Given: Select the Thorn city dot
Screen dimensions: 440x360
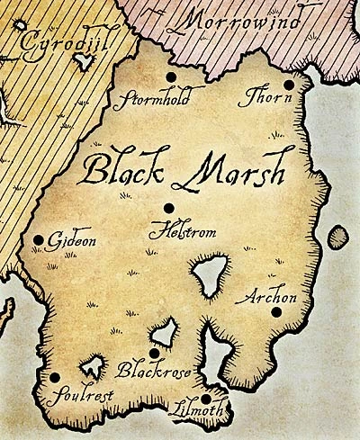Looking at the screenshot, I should [x=288, y=85].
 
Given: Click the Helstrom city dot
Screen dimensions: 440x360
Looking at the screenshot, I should [x=168, y=208].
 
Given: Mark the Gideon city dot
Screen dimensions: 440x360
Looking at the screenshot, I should [x=39, y=240].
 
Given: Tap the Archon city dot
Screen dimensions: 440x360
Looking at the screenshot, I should [x=275, y=311].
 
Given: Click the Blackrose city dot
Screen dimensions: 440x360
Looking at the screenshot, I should [x=155, y=353].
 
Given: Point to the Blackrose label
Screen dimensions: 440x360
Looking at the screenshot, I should [x=148, y=370].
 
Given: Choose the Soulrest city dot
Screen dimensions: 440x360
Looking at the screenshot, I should [x=55, y=378].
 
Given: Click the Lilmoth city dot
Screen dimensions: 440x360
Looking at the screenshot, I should [x=206, y=399].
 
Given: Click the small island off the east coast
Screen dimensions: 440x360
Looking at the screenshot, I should [x=337, y=238].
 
